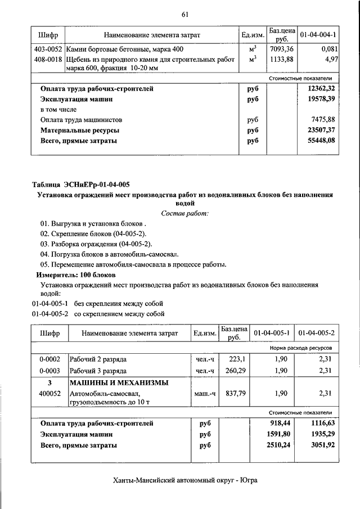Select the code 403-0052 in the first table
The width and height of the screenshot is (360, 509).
coord(47,49)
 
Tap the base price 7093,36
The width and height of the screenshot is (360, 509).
coord(280,49)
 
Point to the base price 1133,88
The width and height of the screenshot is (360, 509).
coord(280,59)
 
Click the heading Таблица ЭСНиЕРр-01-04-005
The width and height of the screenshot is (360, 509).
coord(81,184)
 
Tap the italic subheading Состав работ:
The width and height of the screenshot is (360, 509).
coord(184,214)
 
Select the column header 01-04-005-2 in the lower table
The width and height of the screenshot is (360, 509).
coord(317,333)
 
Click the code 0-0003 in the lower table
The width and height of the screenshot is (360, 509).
coord(49,371)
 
